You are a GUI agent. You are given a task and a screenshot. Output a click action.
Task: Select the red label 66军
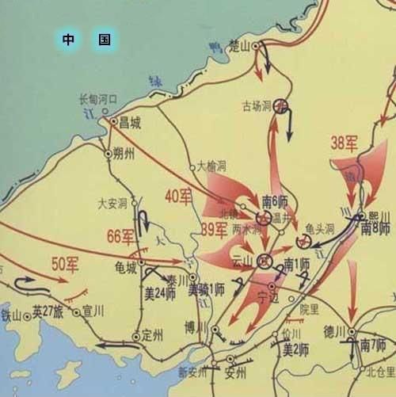click(x=121, y=235)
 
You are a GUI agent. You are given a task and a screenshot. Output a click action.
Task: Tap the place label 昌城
click(x=129, y=123)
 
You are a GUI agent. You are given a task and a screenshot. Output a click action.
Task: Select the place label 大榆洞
click(x=211, y=166)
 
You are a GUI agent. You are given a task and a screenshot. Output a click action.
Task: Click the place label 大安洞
click(x=112, y=204)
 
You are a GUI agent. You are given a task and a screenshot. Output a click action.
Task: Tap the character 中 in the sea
click(x=70, y=39)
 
